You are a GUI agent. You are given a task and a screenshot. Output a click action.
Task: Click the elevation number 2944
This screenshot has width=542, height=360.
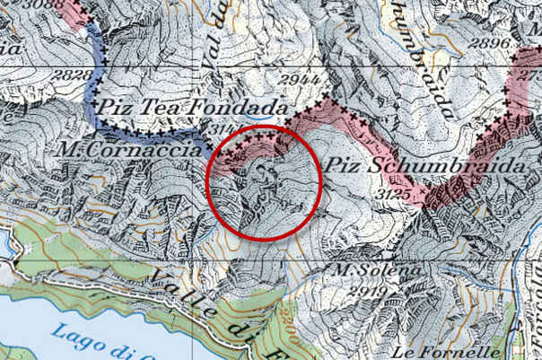point(274,82)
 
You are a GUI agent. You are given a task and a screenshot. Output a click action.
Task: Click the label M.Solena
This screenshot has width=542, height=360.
point(365,270)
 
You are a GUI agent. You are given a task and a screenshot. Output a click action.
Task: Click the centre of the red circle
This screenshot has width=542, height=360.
point(265,183)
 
